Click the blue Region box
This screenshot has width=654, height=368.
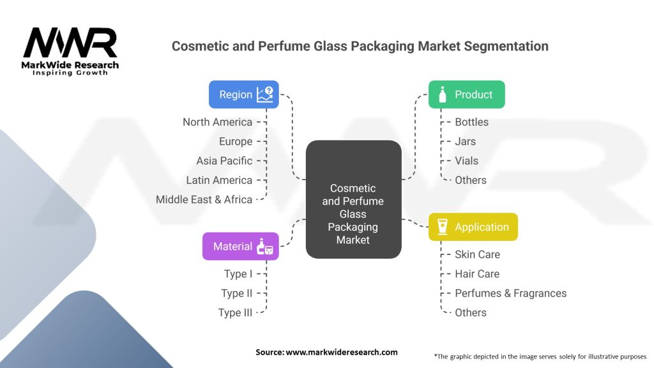tap(245, 95)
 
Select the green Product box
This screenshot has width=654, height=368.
tap(466, 95)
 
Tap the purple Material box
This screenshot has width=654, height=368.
tap(240, 246)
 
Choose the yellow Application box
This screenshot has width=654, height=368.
tap(473, 227)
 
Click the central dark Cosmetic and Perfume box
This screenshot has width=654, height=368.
tap(353, 199)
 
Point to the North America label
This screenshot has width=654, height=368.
tap(217, 122)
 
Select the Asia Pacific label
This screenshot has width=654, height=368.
tap(224, 160)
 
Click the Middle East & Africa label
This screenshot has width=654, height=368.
tap(204, 199)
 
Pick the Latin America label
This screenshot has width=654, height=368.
tap(219, 180)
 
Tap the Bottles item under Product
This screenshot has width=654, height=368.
tap(471, 122)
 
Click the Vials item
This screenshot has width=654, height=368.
tap(466, 160)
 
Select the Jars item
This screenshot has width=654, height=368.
tap(465, 141)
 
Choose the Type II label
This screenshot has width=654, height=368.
tap(237, 293)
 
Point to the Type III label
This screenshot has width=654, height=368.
tap(235, 312)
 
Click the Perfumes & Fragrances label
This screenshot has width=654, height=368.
tap(510, 293)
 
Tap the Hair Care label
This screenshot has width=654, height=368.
tap(477, 273)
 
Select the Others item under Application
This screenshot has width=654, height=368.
tap(471, 312)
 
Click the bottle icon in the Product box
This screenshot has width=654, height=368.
tap(442, 95)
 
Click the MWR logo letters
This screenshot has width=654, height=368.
tap(70, 43)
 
